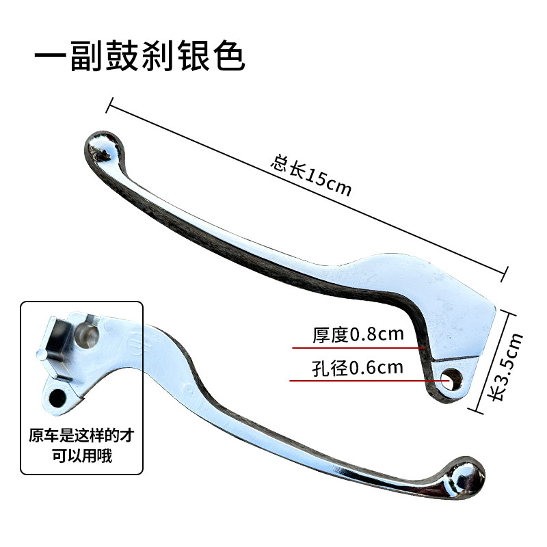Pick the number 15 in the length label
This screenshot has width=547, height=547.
point(316,178)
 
